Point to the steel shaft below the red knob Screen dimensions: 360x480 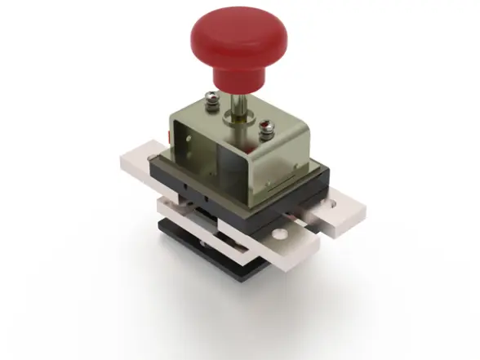click(240, 104)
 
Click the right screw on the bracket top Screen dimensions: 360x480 click(264, 127)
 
